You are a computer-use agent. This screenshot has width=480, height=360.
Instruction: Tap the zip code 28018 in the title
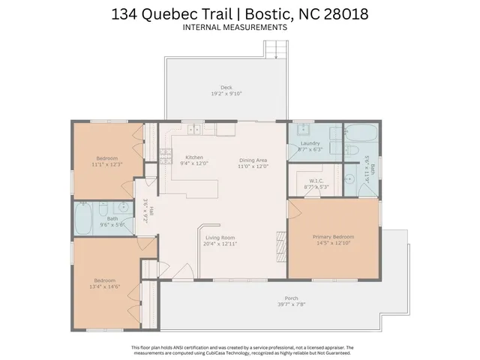[342, 13]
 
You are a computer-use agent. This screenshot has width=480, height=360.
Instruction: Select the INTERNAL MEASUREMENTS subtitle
[235, 28]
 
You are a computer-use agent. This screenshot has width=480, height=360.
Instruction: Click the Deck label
[226, 87]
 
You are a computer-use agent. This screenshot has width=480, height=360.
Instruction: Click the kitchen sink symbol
[194, 128]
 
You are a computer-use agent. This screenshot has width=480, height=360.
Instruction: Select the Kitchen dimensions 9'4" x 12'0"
[195, 163]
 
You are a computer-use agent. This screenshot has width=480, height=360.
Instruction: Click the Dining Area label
[253, 160]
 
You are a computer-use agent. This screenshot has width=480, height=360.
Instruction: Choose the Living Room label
[220, 238]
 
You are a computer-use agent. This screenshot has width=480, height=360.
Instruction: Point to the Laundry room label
[309, 143]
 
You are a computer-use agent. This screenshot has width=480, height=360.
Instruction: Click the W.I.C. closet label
[316, 181]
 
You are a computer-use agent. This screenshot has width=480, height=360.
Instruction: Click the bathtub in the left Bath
[84, 220]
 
